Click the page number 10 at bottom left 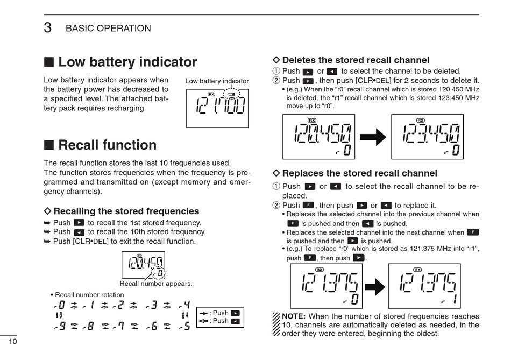pyautogui.click(x=12, y=342)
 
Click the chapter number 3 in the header pyautogui.click(x=48, y=28)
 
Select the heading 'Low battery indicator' pyautogui.click(x=127, y=62)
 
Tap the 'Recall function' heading pyautogui.click(x=107, y=145)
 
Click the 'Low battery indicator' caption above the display pyautogui.click(x=217, y=81)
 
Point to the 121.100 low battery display pyautogui.click(x=217, y=108)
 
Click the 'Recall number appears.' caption pyautogui.click(x=155, y=283)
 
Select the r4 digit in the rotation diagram pyautogui.click(x=184, y=306)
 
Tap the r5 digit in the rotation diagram pyautogui.click(x=184, y=326)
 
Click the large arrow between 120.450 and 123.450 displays pyautogui.click(x=373, y=137)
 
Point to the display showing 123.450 pyautogui.click(x=427, y=137)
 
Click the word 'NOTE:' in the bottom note pyautogui.click(x=294, y=316)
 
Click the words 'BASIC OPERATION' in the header pyautogui.click(x=108, y=29)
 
